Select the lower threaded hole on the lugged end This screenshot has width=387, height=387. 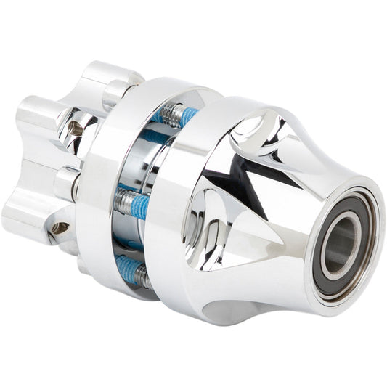[60, 228]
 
